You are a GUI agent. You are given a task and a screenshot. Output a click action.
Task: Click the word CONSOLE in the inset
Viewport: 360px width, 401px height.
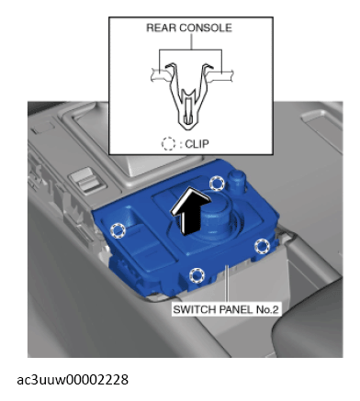pos(206,28)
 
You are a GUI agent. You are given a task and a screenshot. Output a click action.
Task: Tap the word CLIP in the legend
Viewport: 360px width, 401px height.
pos(197,144)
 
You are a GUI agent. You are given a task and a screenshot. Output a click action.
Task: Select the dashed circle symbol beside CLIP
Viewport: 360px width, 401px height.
pos(168,144)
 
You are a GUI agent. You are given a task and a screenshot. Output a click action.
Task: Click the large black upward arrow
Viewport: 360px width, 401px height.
pos(190,212)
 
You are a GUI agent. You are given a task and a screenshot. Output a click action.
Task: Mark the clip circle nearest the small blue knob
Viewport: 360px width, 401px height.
pos(217,184)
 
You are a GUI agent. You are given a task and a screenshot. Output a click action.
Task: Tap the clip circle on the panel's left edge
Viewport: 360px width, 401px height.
pos(118,230)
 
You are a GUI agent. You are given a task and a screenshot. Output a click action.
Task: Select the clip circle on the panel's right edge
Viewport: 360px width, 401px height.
pos(262,246)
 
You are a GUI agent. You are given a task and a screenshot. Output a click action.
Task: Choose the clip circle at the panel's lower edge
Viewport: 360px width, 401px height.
pos(197,275)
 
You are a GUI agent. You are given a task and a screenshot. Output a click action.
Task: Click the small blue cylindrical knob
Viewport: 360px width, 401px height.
pos(237,181)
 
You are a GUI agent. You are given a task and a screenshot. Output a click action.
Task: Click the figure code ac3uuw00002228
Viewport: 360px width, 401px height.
pos(73,380)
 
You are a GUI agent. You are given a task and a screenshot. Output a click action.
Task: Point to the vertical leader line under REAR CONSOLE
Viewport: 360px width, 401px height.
pos(192,41)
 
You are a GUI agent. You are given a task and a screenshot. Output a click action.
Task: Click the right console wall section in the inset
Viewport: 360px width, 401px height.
pos(221,75)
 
